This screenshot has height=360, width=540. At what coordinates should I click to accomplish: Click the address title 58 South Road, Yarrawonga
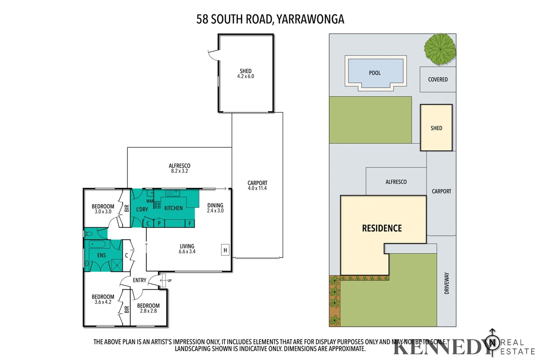(270, 19)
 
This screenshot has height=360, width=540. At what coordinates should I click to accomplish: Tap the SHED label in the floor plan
(245, 73)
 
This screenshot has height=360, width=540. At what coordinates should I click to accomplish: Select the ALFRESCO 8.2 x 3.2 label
(179, 168)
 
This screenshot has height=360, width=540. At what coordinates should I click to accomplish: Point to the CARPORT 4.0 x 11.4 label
(257, 185)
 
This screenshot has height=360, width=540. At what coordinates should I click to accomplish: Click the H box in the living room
(225, 250)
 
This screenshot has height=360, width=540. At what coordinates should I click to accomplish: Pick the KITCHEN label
(173, 208)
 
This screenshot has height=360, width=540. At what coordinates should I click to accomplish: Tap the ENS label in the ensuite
(101, 255)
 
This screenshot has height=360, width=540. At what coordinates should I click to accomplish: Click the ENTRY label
(139, 280)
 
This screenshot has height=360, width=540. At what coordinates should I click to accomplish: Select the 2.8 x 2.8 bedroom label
(148, 308)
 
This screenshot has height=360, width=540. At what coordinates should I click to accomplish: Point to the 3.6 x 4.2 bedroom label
(103, 299)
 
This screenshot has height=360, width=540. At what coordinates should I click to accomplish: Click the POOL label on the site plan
(375, 73)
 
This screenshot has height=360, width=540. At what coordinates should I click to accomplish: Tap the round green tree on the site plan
(440, 49)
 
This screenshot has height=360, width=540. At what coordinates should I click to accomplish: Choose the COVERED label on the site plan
(438, 79)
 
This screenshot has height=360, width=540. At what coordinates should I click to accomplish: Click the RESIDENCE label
(382, 228)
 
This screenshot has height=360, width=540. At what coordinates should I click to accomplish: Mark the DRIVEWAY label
(447, 283)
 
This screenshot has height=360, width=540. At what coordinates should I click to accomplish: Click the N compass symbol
(492, 342)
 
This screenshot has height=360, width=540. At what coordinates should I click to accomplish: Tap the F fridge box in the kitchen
(190, 223)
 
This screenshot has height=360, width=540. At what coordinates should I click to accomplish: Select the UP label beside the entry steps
(169, 281)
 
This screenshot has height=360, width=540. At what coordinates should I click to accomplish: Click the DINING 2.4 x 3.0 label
(215, 208)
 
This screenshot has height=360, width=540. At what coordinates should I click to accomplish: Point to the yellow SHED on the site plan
(436, 128)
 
